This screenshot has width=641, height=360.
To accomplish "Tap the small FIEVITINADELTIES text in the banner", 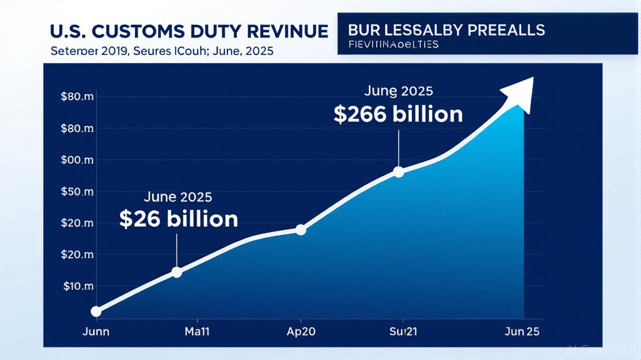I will pyautogui.click(x=394, y=45).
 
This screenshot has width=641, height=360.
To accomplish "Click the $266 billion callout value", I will pyautogui.click(x=398, y=114).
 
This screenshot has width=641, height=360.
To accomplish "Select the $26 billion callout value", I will pyautogui.click(x=179, y=219).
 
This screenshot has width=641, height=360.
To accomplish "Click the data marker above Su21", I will pyautogui.click(x=398, y=172).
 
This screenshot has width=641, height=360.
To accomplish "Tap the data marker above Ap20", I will pyautogui.click(x=301, y=230).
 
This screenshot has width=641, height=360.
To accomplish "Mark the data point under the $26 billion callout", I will pyautogui.click(x=177, y=272).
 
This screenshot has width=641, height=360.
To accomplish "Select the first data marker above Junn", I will pyautogui.click(x=96, y=311).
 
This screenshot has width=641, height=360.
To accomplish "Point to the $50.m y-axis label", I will pyautogui.click(x=77, y=192).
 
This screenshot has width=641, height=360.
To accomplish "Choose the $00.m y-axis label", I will pyautogui.click(x=77, y=160).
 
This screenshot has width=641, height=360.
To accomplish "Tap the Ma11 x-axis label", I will pyautogui.click(x=197, y=331).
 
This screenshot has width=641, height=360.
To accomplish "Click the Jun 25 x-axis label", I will pyautogui.click(x=522, y=331).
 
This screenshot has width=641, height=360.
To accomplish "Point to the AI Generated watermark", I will pyautogui.click(x=601, y=349).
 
